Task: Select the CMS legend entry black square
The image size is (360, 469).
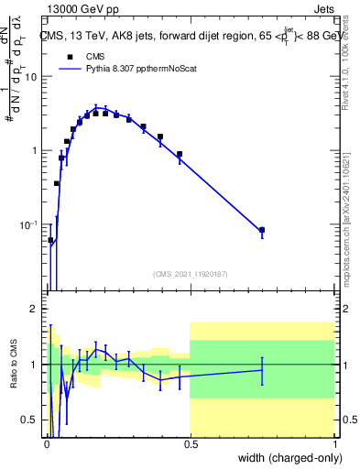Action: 70,56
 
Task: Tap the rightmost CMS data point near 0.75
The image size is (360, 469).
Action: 262,230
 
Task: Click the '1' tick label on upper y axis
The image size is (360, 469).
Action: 34,151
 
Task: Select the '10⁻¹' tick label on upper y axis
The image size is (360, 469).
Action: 28,224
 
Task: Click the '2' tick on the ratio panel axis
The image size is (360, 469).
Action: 34,309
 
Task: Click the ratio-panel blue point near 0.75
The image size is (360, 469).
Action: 262,370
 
